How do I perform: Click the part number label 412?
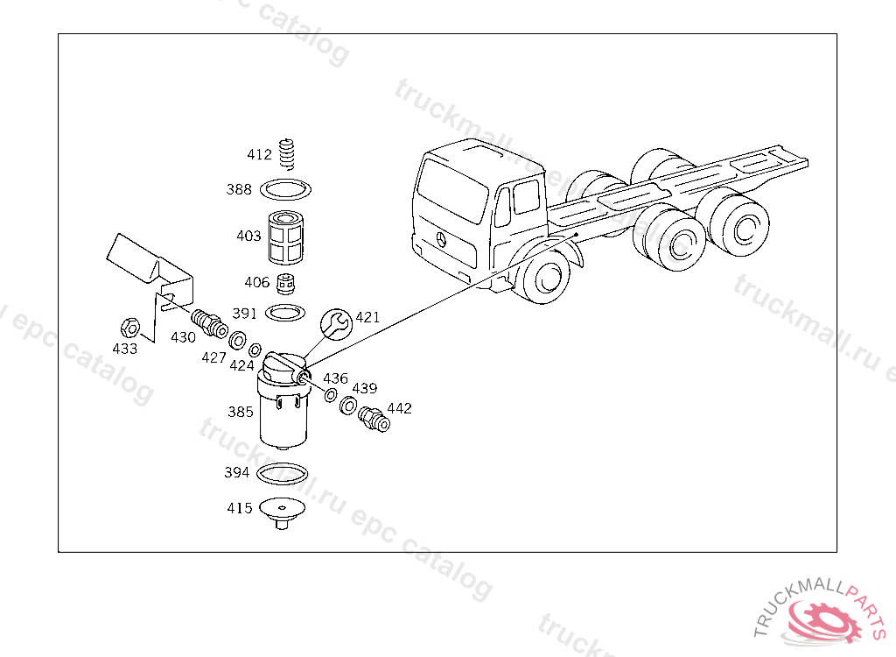pos(259,155)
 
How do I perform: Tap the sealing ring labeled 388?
pos(287,188)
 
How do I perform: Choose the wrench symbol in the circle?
pos(335,323)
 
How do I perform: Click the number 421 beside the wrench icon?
pos(367,317)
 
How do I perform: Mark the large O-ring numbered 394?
pos(284,472)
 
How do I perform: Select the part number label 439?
pos(364,388)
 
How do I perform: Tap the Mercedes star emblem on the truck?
pos(441,239)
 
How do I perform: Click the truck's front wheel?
pos(542,276)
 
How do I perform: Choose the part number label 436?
pos(335,378)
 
